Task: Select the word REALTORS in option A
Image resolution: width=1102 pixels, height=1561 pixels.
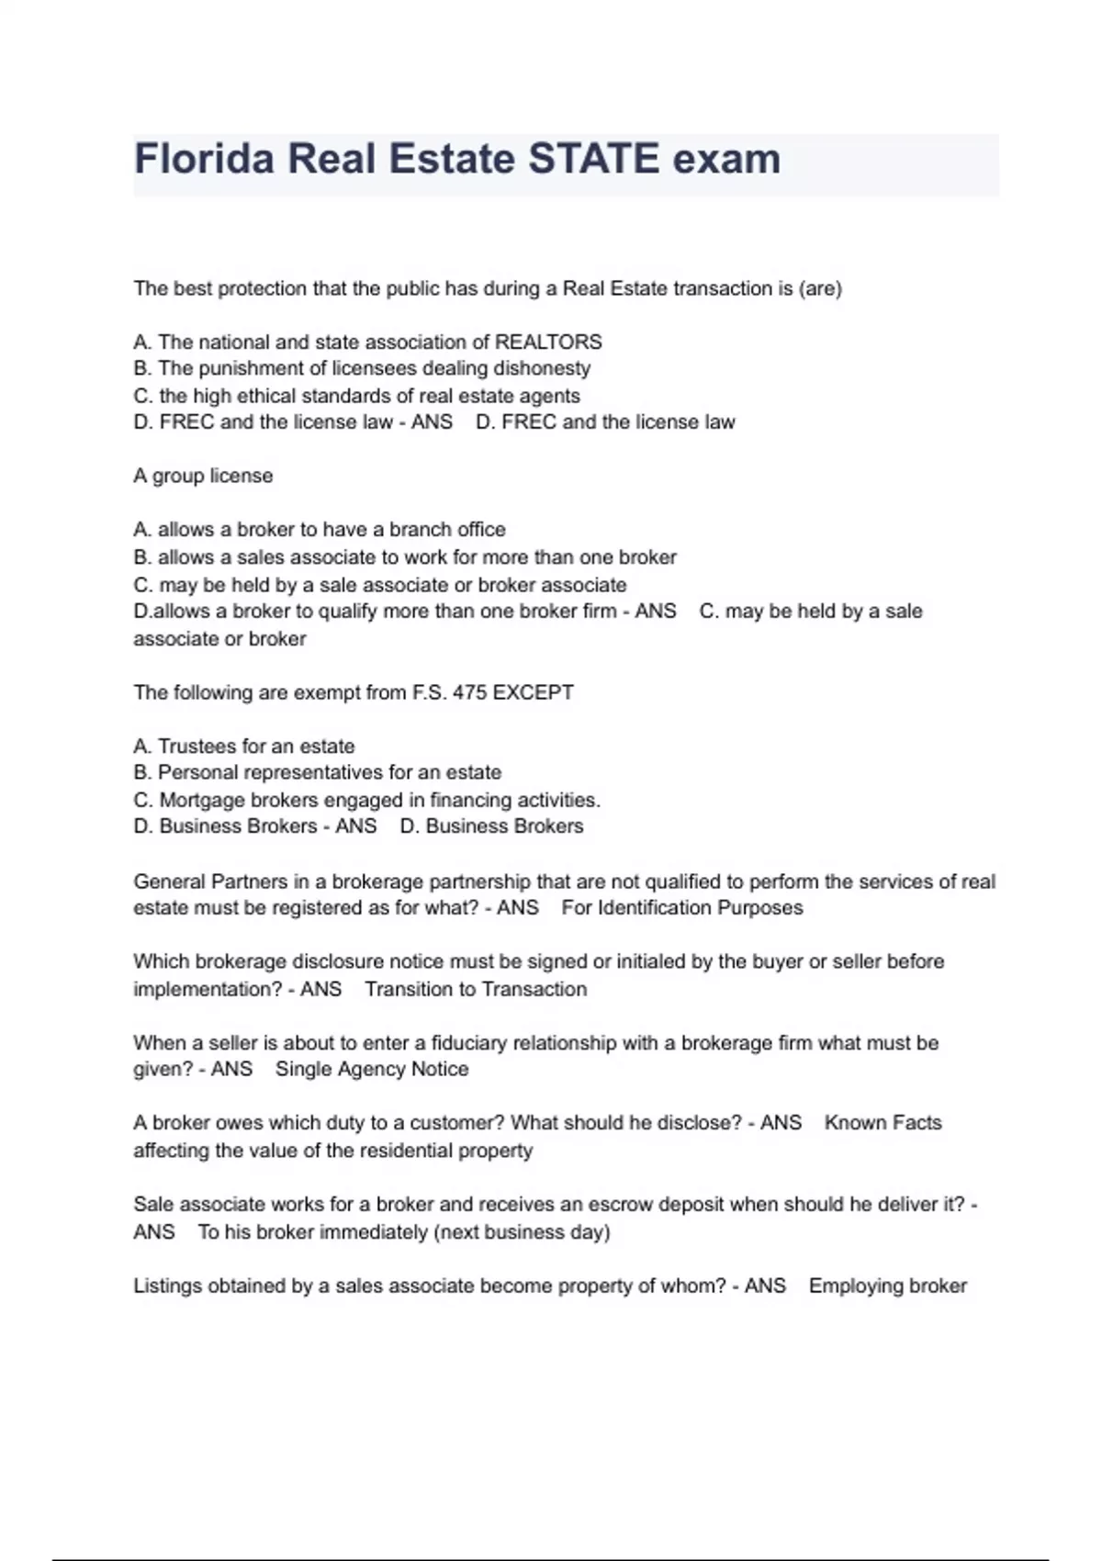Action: (548, 343)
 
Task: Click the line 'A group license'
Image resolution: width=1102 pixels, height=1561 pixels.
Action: (203, 476)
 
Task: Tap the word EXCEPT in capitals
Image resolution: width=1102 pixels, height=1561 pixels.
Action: (534, 692)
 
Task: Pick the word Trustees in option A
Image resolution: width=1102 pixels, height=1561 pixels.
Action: (197, 747)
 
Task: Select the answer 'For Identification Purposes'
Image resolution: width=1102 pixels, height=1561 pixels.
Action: (682, 908)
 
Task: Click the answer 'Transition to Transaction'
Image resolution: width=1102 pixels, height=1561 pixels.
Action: (476, 989)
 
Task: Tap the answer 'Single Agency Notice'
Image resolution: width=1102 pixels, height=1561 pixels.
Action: (372, 1070)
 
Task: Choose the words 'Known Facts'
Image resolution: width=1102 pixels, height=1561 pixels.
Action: (883, 1123)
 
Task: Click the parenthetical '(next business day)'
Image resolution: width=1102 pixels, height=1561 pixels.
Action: (521, 1232)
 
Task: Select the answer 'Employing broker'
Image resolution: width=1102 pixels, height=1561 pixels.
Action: (887, 1286)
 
